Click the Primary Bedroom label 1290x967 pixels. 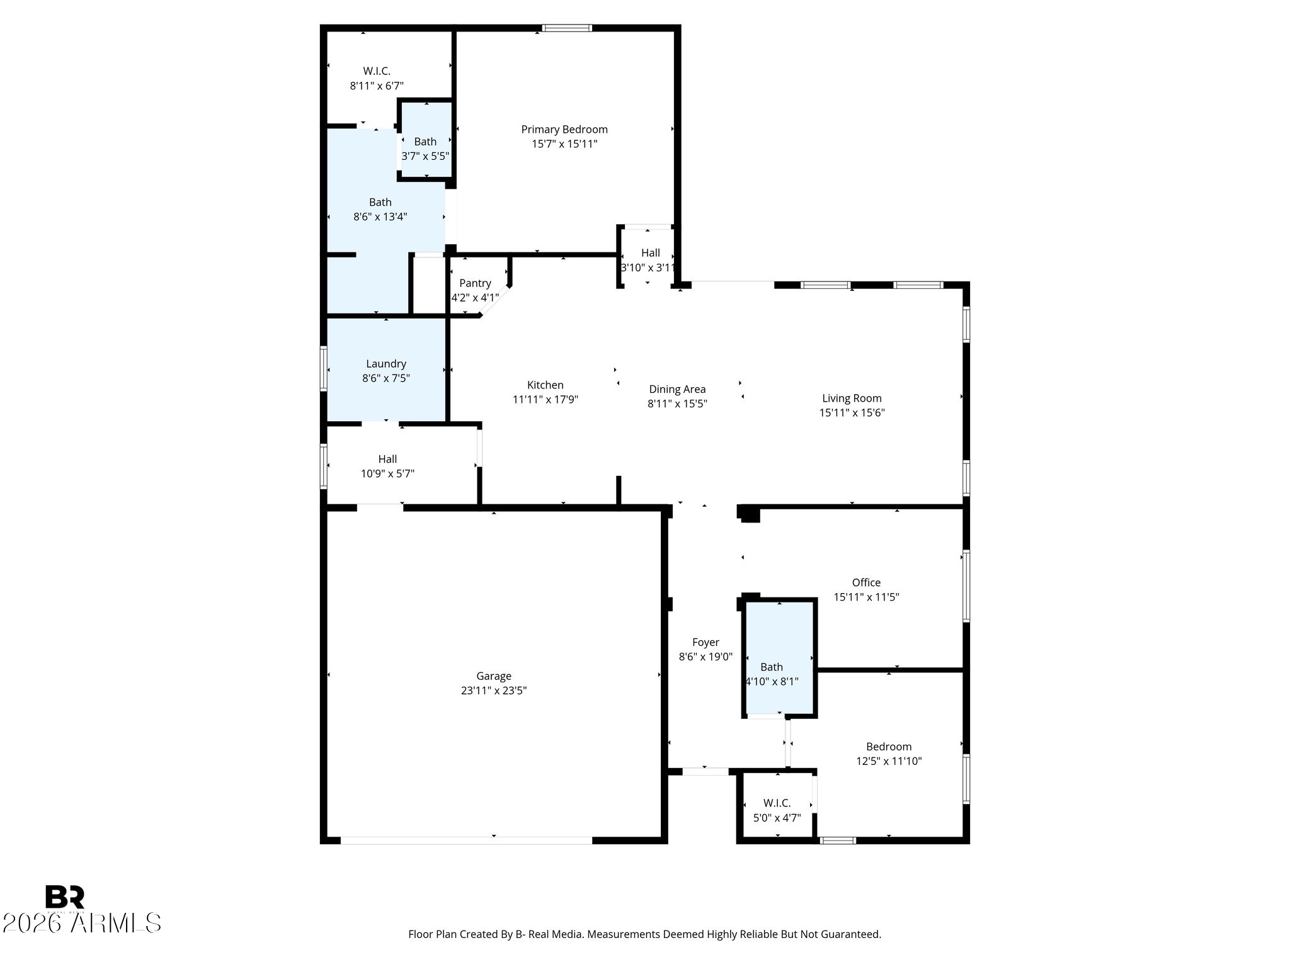pyautogui.click(x=564, y=130)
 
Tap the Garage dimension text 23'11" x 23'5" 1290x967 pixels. pyautogui.click(x=494, y=691)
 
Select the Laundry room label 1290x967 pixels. pyautogui.click(x=386, y=364)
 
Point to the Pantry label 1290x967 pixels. pyautogui.click(x=475, y=283)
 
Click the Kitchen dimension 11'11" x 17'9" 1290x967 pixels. pyautogui.click(x=545, y=399)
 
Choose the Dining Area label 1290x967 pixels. pyautogui.click(x=677, y=390)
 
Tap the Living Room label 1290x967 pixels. pyautogui.click(x=852, y=399)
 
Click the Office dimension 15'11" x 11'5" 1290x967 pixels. pyautogui.click(x=866, y=597)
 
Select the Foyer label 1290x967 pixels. pyautogui.click(x=705, y=642)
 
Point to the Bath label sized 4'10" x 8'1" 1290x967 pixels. pyautogui.click(x=772, y=667)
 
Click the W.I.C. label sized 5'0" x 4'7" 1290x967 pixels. pyautogui.click(x=777, y=803)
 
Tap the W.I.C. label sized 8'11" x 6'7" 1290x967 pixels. pyautogui.click(x=377, y=71)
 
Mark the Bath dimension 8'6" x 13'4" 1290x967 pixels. pyautogui.click(x=380, y=217)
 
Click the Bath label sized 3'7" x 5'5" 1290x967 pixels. pyautogui.click(x=425, y=142)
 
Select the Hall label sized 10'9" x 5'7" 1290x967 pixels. pyautogui.click(x=387, y=459)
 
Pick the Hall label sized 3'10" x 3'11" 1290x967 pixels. pyautogui.click(x=651, y=252)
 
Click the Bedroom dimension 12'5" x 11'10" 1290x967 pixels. pyautogui.click(x=889, y=761)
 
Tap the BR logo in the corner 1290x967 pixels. pyautogui.click(x=65, y=897)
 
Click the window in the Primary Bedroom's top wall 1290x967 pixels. pyautogui.click(x=567, y=28)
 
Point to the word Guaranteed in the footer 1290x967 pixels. pyautogui.click(x=849, y=934)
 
